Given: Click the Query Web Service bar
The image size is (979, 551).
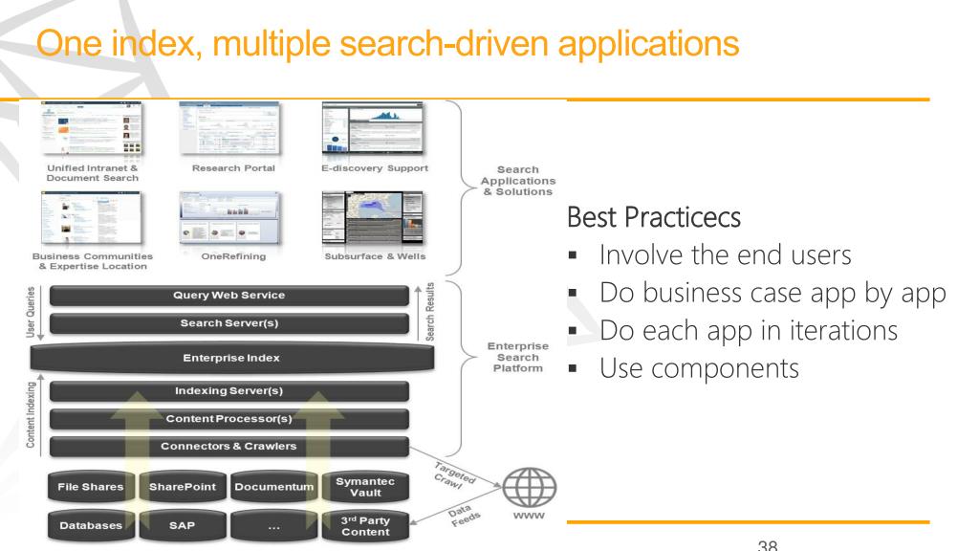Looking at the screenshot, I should (228, 295).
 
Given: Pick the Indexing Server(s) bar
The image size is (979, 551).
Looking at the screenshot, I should (228, 390).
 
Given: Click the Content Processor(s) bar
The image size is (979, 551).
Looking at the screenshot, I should (228, 418).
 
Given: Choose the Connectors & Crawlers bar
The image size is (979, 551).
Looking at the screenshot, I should (228, 446).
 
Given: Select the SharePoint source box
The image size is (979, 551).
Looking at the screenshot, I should (182, 486).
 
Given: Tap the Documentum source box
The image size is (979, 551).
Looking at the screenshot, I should (274, 486).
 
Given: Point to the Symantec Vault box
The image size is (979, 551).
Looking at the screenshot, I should (367, 486).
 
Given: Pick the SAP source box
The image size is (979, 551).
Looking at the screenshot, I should (182, 525).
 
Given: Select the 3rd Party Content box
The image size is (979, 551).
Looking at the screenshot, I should (367, 525).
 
